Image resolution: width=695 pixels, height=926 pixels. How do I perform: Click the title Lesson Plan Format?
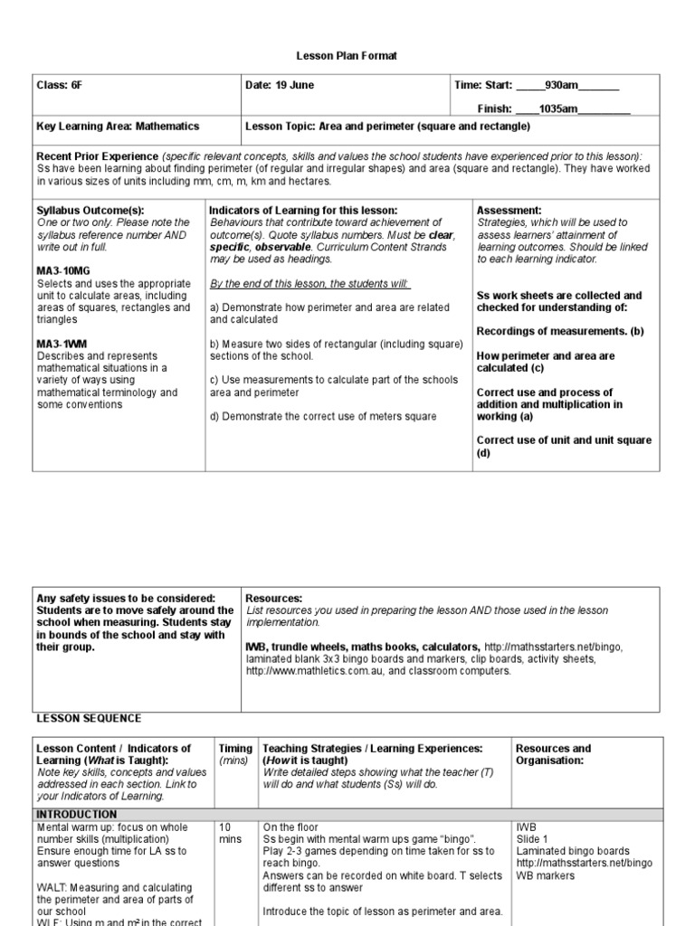[x=347, y=56]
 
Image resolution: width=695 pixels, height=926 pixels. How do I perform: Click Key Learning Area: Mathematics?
[x=118, y=127]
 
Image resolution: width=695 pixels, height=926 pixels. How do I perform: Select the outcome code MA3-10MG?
[x=63, y=271]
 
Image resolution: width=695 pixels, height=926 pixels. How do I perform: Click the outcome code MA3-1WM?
[x=61, y=344]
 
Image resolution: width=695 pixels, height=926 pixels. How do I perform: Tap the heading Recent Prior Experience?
[x=98, y=156]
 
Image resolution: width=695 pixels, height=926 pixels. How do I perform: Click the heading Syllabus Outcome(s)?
[x=90, y=210]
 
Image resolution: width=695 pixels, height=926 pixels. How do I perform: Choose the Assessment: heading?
[x=509, y=210]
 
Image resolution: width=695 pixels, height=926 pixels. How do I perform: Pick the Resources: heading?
[x=274, y=599]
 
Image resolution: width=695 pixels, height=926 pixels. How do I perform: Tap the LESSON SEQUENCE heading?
[x=89, y=718]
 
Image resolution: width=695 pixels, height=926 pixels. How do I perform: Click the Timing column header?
[x=235, y=749]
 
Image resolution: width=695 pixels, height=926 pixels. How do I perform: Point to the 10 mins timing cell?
[x=228, y=833]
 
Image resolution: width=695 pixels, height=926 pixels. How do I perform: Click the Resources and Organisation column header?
[x=553, y=754]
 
